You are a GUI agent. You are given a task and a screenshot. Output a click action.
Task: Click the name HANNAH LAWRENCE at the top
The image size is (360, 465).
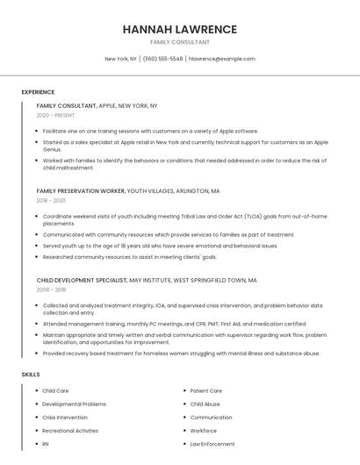pos(179,29)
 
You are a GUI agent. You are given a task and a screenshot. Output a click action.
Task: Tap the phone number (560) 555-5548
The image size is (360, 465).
pos(162,59)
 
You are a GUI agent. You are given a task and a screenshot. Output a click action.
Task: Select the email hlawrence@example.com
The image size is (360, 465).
pos(222,59)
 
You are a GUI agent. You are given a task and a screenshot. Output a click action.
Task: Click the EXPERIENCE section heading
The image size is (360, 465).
pos(38,92)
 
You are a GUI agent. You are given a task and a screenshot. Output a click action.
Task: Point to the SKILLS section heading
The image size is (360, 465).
pos(31,375)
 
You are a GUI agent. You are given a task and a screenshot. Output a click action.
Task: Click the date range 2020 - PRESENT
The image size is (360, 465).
pos(56,115)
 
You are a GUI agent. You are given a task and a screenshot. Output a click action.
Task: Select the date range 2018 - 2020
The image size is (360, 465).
pos(51,200)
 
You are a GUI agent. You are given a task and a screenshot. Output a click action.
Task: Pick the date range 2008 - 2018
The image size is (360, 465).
pos(51,289)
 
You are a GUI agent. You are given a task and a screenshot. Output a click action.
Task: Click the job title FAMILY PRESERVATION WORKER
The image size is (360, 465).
pos(81,190)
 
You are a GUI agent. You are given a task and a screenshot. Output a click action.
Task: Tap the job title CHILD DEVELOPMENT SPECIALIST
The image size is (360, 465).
pos(82,280)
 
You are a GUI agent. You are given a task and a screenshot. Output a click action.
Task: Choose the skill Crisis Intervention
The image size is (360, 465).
pos(65,418)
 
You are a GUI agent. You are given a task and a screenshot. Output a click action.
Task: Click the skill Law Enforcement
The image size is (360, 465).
pos(212,444)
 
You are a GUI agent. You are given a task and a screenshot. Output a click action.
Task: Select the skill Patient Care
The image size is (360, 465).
pos(206,390)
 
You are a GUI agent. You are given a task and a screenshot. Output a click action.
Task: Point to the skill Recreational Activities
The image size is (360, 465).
pos(70,431)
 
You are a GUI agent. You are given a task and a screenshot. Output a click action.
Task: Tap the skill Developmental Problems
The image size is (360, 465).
pos(74,404)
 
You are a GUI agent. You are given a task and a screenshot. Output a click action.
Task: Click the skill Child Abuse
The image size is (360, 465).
pos(205,404)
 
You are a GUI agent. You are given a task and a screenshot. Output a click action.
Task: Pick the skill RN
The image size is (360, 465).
pos(46,444)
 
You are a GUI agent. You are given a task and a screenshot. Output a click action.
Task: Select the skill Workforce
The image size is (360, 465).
pos(204,431)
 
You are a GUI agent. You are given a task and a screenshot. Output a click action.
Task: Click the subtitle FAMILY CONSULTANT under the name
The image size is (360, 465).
pos(179,42)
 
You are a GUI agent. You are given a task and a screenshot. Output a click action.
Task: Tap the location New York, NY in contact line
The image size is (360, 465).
pos(121,59)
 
